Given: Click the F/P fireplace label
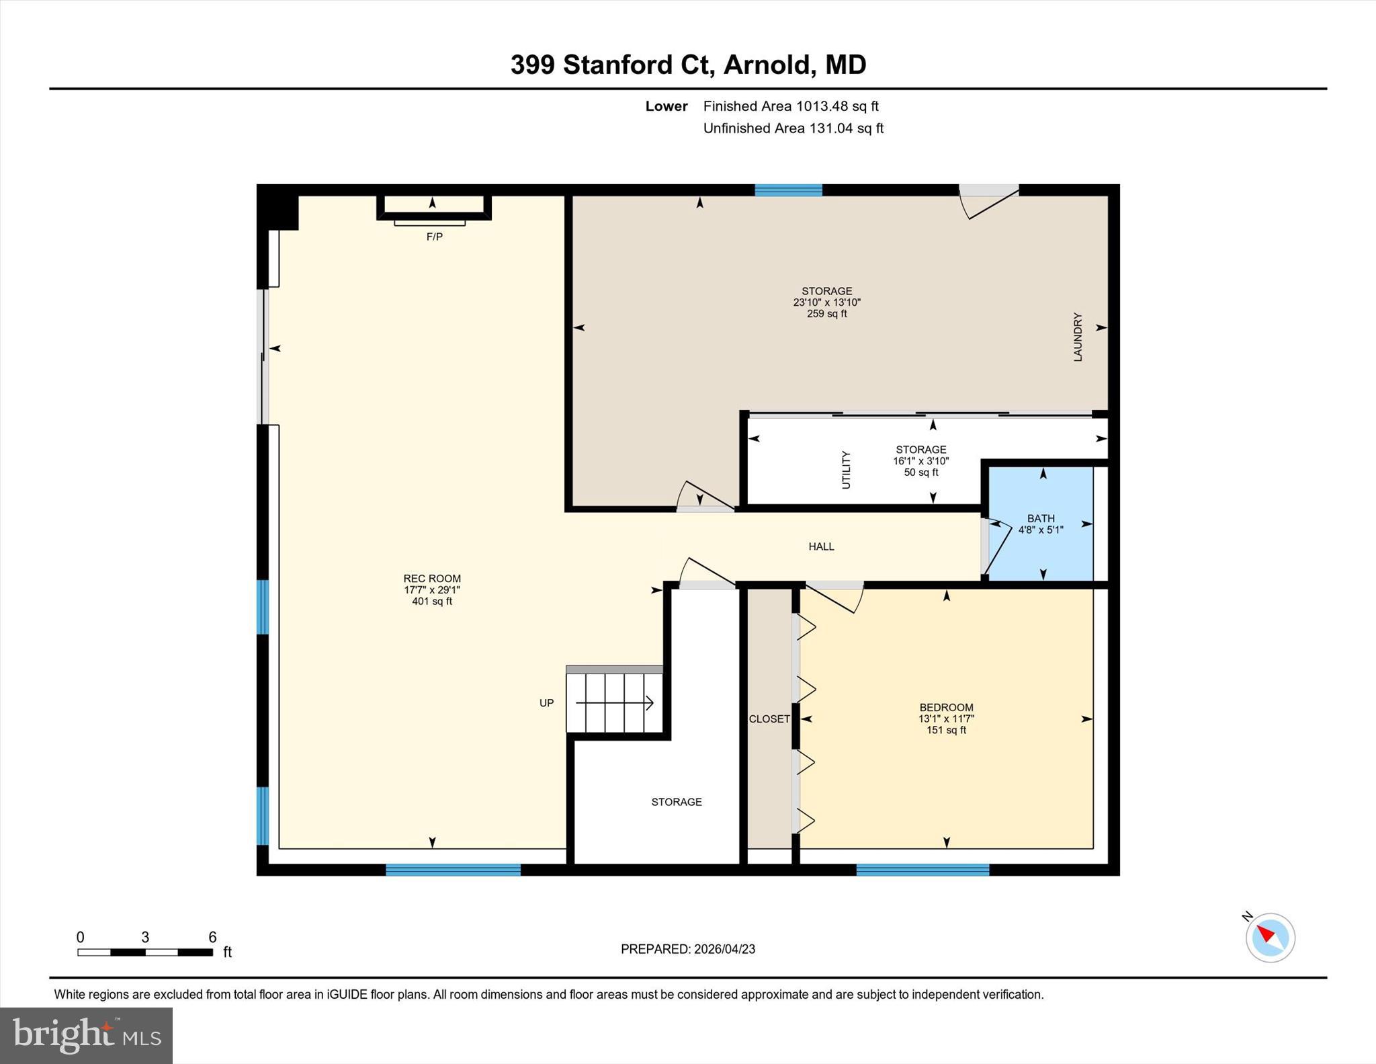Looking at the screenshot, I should pos(434,237).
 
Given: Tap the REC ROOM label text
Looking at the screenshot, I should pos(432,578).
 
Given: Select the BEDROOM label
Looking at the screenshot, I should pos(946,707).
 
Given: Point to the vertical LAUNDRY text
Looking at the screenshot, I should pos(1078,337).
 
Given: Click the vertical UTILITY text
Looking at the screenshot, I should pos(846,469).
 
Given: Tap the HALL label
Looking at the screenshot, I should pos(821,546).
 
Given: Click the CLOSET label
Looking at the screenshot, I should pos(769,719).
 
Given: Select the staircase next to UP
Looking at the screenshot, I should pos(614,702).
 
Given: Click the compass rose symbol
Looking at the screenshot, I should pos(1270,937).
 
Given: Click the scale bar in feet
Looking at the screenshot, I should pos(145,952).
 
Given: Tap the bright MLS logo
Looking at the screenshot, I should pos(86,1035).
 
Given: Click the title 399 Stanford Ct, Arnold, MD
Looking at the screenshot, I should pos(688,65).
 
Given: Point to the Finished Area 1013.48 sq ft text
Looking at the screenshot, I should pos(791,106).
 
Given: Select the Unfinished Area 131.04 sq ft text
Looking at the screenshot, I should pos(793,128).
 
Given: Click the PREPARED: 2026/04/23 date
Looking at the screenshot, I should pos(688,948).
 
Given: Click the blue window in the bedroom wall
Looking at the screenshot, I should pos(922,870).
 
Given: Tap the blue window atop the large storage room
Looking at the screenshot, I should pos(788,190).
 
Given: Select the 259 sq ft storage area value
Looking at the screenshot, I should pos(826,313).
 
